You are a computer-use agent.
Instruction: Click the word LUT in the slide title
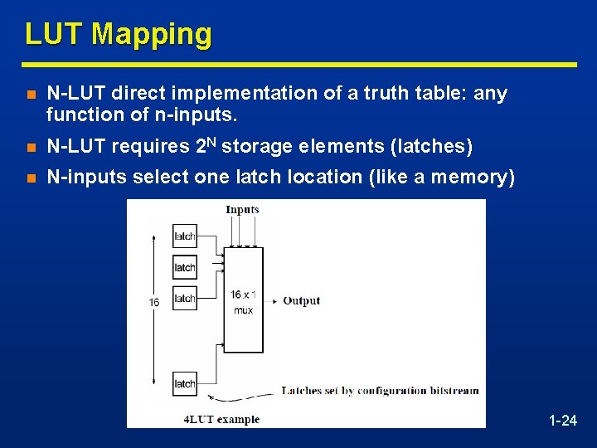[x=55, y=34]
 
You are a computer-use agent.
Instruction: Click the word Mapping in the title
[x=152, y=35]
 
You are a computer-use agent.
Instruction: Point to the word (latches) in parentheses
[x=431, y=147]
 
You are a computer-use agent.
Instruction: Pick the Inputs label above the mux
[x=242, y=210]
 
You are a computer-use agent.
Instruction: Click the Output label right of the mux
[x=301, y=300]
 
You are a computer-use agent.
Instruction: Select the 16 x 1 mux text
[x=243, y=302]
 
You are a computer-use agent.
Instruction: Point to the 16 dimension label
[x=154, y=303]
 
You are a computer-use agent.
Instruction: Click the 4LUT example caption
[x=221, y=419]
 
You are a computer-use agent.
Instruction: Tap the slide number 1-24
[x=563, y=421]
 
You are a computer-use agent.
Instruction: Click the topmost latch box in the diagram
[x=185, y=236]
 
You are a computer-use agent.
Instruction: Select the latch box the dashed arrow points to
[x=185, y=382]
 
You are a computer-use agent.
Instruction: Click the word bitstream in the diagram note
[x=454, y=391]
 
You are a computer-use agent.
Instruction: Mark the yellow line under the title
[x=298, y=64]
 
